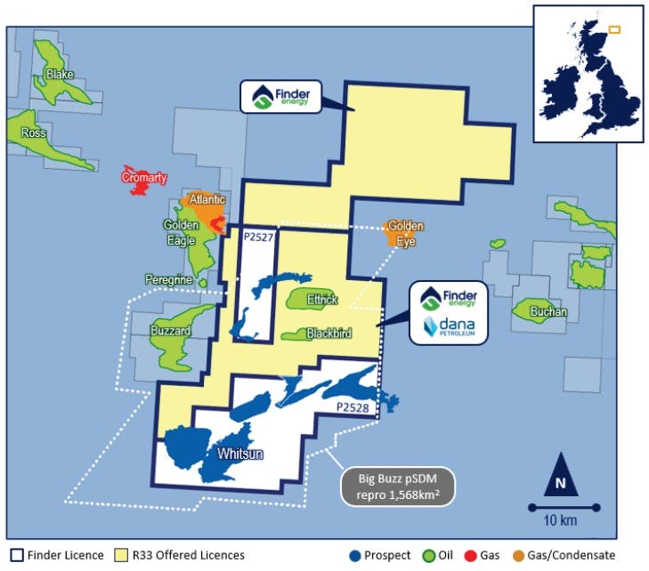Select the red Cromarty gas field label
[144, 178]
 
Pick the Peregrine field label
[169, 279]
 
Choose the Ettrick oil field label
[321, 300]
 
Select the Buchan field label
[548, 312]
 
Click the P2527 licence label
[258, 237]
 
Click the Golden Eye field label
[406, 233]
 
